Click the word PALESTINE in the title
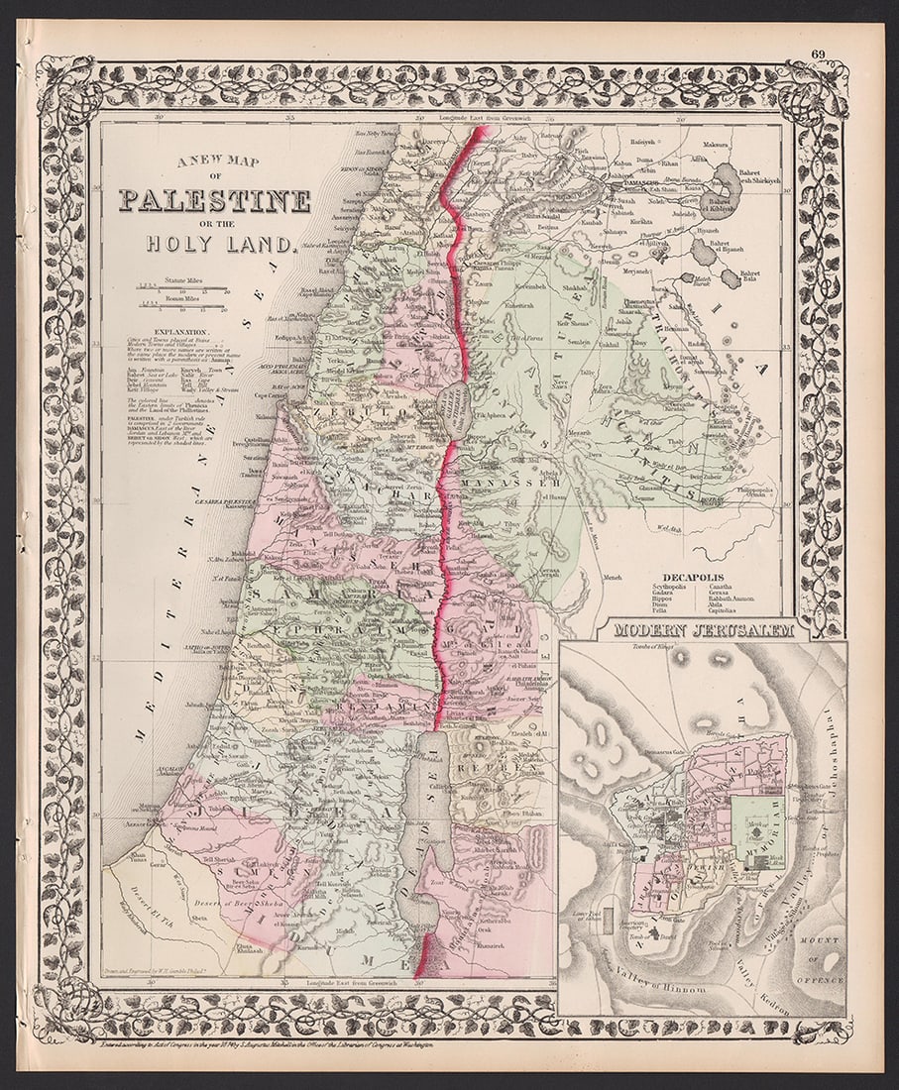[215, 201]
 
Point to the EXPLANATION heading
[182, 333]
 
